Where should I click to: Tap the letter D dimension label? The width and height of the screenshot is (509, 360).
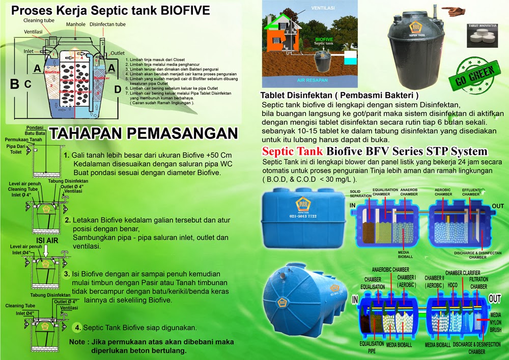pos(118,90)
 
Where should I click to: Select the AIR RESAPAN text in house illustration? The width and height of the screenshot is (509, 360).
pos(311,80)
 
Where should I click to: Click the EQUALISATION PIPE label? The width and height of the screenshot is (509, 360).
pos(372,347)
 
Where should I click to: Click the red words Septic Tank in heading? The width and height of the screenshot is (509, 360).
pos(292,151)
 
